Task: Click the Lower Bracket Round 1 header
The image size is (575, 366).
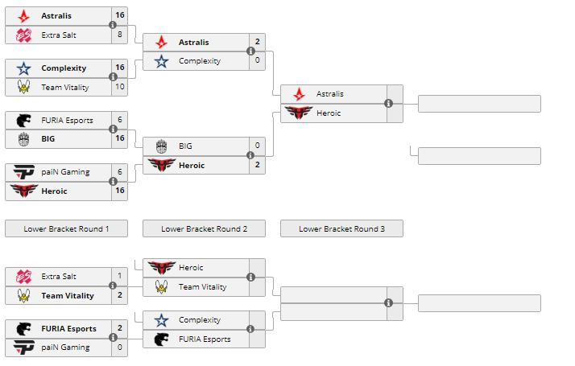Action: pyautogui.click(x=66, y=228)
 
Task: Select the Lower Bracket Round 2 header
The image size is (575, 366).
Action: pyautogui.click(x=204, y=228)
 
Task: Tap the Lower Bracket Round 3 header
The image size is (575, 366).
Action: pyautogui.click(x=341, y=228)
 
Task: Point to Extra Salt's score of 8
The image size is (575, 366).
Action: pyautogui.click(x=120, y=35)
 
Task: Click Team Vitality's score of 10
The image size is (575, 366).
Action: pyautogui.click(x=120, y=87)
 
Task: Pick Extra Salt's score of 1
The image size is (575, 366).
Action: pyautogui.click(x=120, y=276)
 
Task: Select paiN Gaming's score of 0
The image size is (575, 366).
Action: pyautogui.click(x=120, y=347)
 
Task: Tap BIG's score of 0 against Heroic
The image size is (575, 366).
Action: pyautogui.click(x=258, y=146)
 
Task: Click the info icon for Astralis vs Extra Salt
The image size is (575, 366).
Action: pyautogui.click(x=113, y=25)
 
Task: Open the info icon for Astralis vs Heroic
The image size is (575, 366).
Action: pyautogui.click(x=388, y=104)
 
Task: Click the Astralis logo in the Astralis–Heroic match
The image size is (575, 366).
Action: pyautogui.click(x=300, y=94)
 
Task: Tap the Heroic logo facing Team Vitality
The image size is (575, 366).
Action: pyautogui.click(x=162, y=268)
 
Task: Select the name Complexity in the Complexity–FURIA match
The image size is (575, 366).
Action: pyautogui.click(x=199, y=320)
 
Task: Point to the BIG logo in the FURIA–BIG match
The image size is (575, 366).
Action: pyautogui.click(x=24, y=139)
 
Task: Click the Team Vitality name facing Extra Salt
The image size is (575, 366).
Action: pyautogui.click(x=67, y=296)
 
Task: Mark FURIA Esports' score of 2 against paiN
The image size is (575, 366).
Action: pyautogui.click(x=120, y=328)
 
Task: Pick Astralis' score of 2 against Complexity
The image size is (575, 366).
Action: pyautogui.click(x=258, y=42)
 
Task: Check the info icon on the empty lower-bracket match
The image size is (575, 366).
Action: pyautogui.click(x=388, y=303)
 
